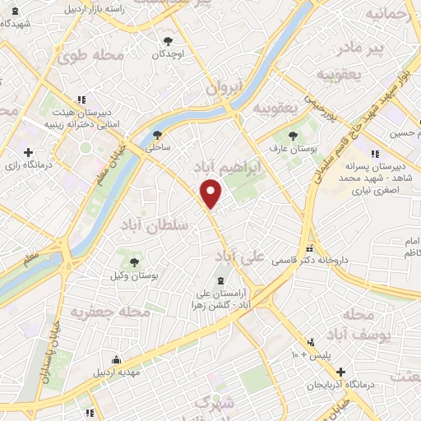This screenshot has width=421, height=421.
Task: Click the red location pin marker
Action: tap(211, 194)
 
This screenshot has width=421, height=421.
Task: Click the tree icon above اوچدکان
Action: tap(169, 40)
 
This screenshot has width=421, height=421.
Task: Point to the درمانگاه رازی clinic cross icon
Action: tap(30, 153)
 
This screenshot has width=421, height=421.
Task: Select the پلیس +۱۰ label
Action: tap(308, 354)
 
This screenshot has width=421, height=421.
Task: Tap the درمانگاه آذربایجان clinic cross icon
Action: tap(341, 372)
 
